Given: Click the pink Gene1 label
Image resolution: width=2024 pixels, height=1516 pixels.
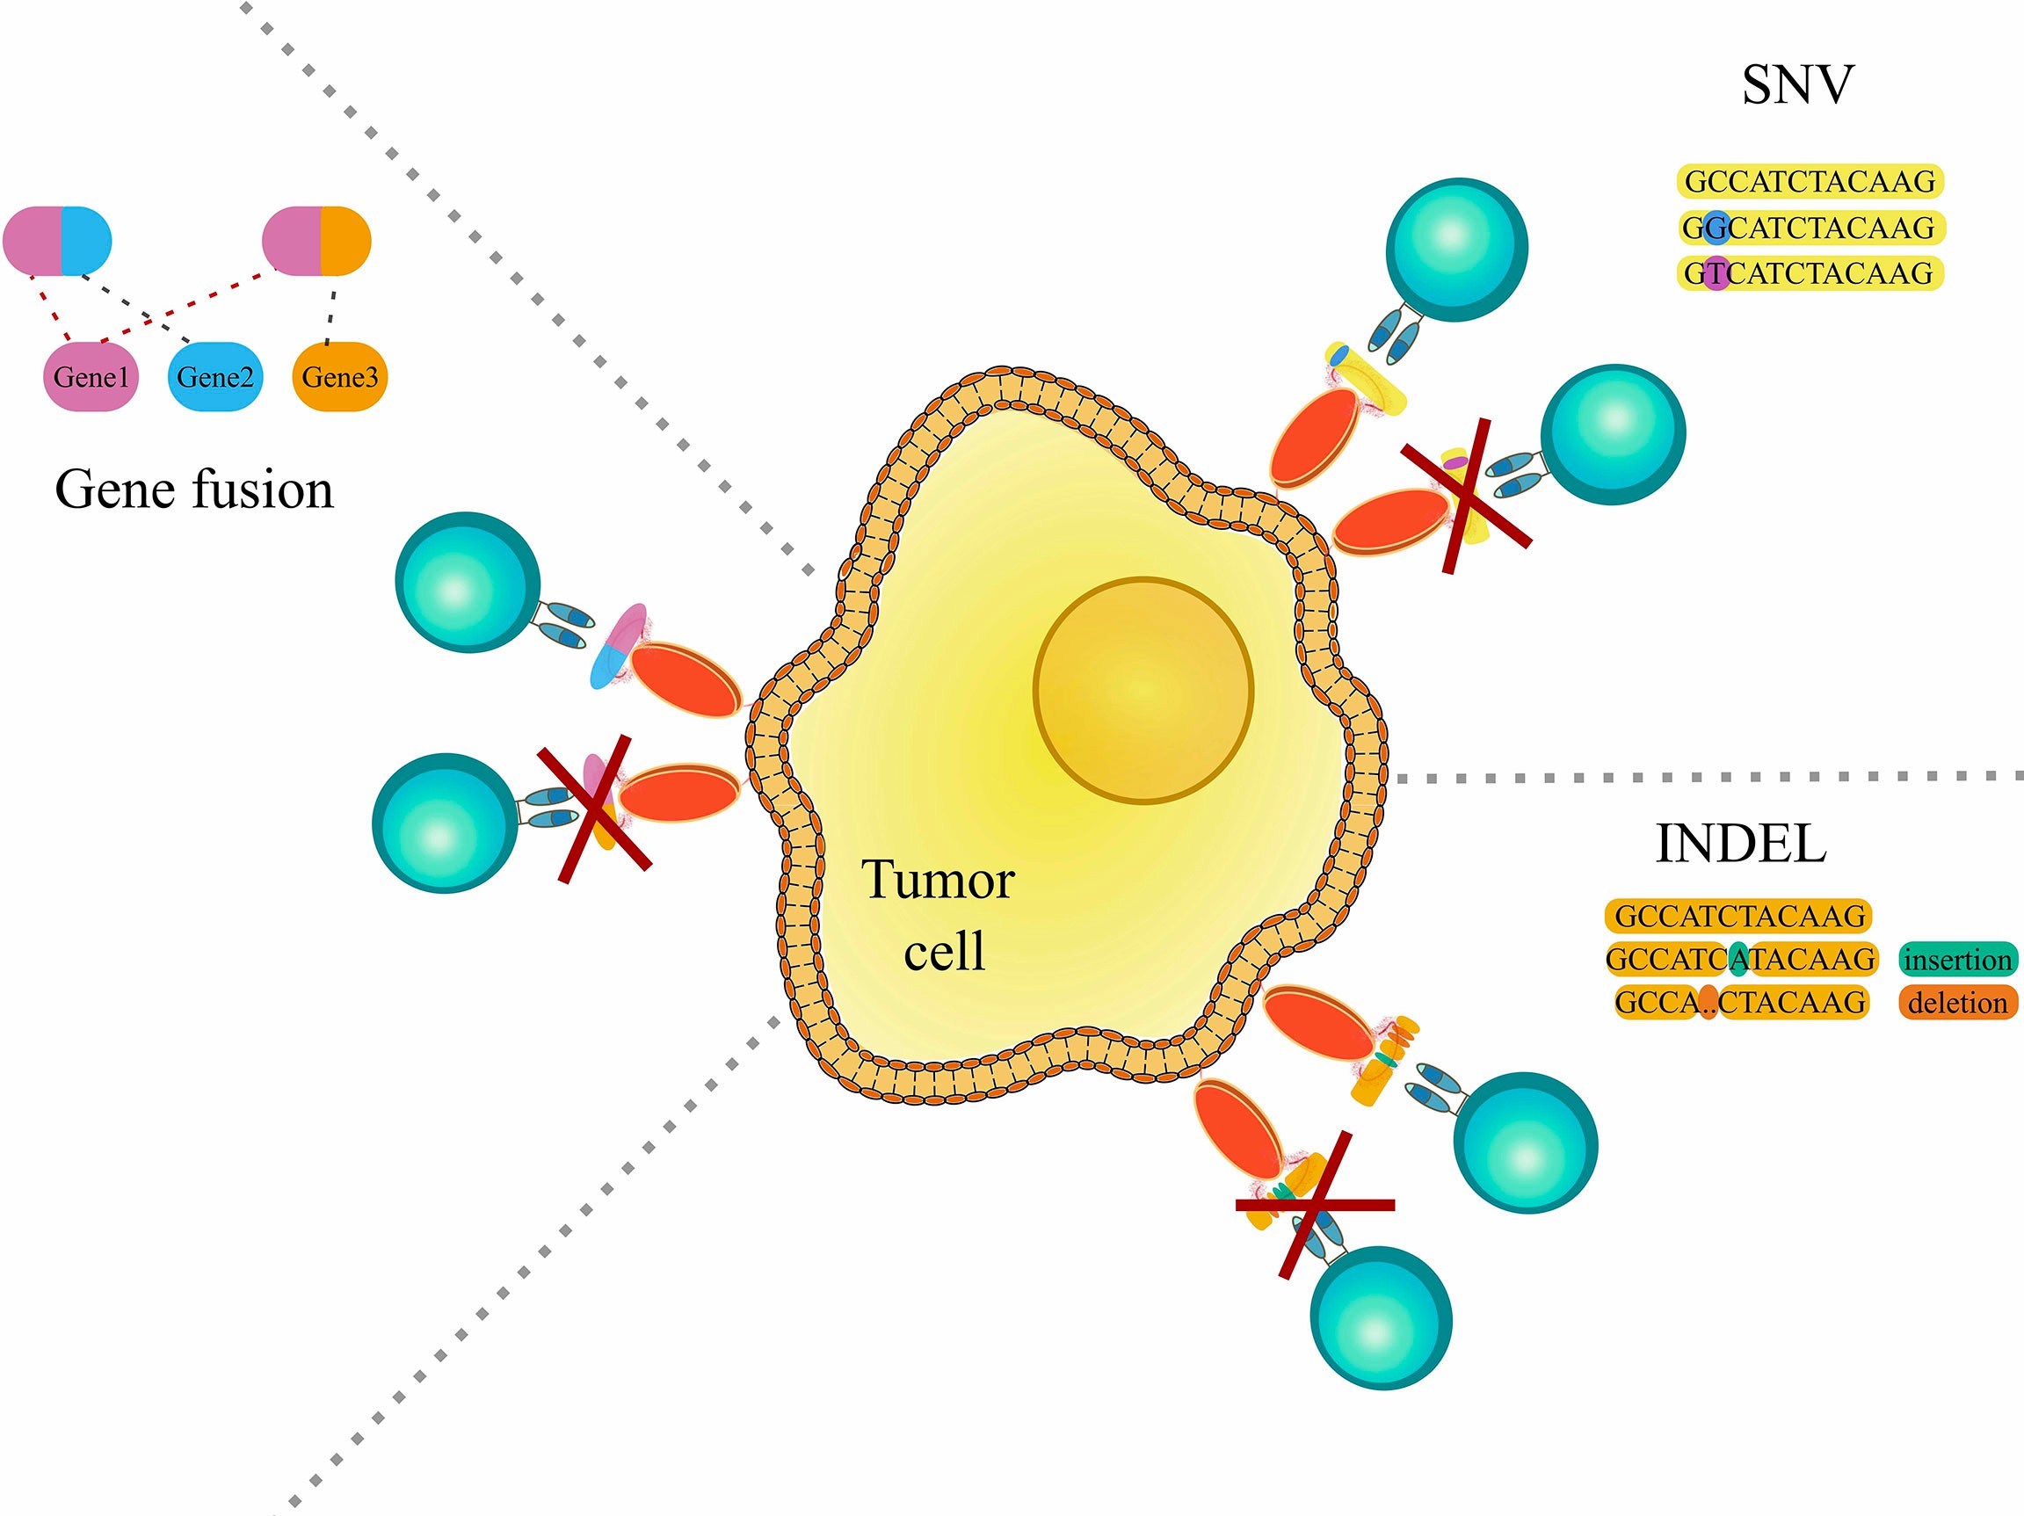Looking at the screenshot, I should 91,376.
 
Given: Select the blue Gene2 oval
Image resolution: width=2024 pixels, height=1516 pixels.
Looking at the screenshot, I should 215,376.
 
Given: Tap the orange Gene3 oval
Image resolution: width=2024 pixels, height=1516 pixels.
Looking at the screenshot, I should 339,376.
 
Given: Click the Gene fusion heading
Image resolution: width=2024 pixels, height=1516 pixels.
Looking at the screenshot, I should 194,490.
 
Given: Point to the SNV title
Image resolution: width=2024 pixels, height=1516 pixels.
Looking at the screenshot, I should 1797,85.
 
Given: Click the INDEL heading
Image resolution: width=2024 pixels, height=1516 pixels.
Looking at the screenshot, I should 1740,844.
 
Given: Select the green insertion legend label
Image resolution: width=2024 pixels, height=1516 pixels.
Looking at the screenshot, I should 1958,960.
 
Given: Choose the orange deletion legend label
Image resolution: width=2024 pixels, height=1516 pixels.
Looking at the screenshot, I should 1958,1003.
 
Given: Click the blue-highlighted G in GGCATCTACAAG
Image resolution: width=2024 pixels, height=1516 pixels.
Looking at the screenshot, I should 1717,227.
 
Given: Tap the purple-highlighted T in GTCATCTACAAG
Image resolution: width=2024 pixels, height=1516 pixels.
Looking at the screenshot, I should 1717,272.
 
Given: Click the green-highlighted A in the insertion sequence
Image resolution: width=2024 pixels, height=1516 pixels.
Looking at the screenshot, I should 1739,959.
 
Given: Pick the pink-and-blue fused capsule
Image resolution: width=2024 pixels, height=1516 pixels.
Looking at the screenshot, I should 57,241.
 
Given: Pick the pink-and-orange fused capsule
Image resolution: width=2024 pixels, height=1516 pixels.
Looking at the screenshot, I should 316,241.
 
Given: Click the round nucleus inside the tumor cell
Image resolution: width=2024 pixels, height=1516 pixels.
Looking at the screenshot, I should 1143,690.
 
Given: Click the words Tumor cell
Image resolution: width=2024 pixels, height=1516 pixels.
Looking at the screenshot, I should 939,915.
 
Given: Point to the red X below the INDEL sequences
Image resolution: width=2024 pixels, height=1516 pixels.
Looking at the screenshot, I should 1315,1205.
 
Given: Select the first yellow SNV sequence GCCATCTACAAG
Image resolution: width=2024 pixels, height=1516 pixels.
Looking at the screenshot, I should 1810,181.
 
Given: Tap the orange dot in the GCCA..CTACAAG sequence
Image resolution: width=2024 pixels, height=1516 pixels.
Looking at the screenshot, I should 1708,1003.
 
